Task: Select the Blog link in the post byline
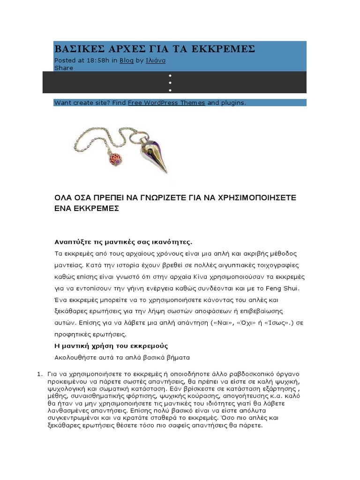(127, 60)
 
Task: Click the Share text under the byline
(64, 68)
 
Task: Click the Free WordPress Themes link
(166, 103)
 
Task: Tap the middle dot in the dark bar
(170, 82)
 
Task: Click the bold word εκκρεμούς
(151, 346)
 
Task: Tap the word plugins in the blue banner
(233, 103)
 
